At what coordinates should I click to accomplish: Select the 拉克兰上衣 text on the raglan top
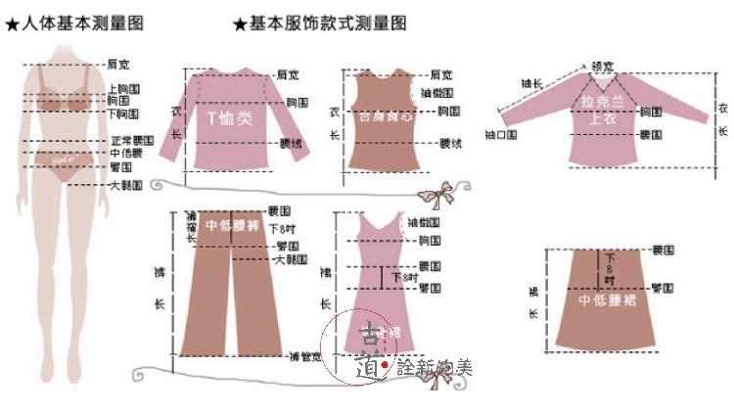coord(601,109)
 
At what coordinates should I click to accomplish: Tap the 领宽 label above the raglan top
coord(603,67)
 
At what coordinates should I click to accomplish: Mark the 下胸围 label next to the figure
coord(120,114)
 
